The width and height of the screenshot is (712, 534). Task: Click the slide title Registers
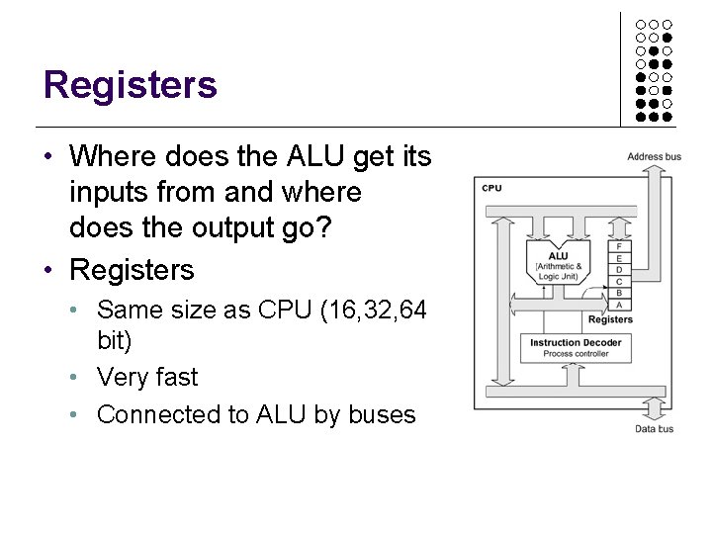tap(130, 85)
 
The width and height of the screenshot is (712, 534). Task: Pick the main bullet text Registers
tap(132, 270)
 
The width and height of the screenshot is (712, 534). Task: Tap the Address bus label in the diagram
tap(654, 156)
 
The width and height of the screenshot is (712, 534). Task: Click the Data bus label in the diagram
tap(654, 428)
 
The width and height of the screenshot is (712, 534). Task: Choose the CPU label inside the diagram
tap(491, 188)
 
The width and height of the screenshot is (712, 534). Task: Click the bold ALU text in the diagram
tap(559, 256)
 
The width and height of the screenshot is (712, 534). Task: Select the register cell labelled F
tap(619, 245)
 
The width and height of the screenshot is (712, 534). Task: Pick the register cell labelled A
tap(619, 305)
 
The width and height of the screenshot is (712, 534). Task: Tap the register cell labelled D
tap(619, 269)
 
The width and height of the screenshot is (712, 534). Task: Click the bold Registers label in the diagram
tap(610, 319)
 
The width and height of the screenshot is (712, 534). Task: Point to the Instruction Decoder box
tap(576, 347)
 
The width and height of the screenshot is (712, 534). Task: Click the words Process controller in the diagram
tap(576, 354)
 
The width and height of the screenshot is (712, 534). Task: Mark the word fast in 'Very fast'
tap(176, 377)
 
